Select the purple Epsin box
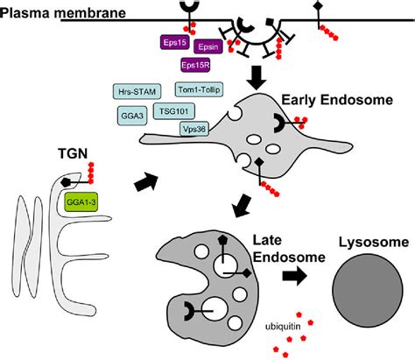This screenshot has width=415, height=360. pos(208,48)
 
